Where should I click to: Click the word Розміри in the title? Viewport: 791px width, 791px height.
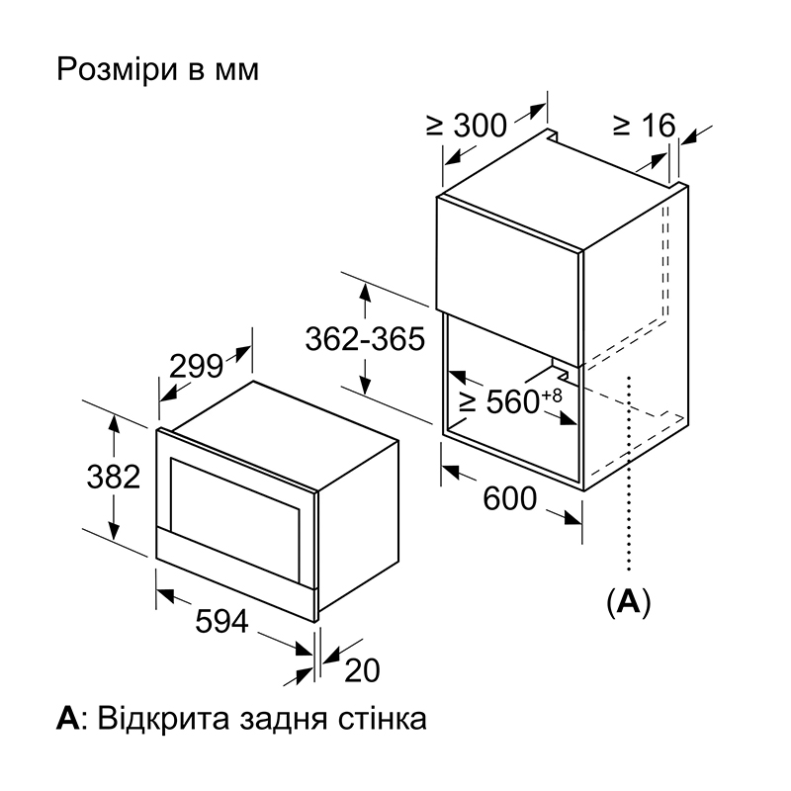[117, 70]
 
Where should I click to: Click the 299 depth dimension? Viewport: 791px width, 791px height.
[196, 366]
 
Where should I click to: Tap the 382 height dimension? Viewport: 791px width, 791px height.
[114, 477]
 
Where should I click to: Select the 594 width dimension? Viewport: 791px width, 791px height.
[221, 621]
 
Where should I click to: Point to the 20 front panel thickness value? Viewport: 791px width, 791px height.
[362, 670]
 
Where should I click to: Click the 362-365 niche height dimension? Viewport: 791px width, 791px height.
[365, 338]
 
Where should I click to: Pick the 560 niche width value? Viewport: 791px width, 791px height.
[513, 402]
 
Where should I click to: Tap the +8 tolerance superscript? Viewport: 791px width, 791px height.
[552, 395]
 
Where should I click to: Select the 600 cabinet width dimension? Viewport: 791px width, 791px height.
[509, 498]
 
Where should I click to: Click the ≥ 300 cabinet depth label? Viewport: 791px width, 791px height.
[466, 126]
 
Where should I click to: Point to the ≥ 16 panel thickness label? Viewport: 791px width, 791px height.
[644, 126]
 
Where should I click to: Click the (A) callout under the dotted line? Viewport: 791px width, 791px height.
[629, 601]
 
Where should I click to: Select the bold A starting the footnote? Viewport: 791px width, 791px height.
[67, 719]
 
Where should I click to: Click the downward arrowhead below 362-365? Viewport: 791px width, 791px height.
[365, 385]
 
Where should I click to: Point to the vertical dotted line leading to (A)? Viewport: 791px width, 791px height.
[629, 474]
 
